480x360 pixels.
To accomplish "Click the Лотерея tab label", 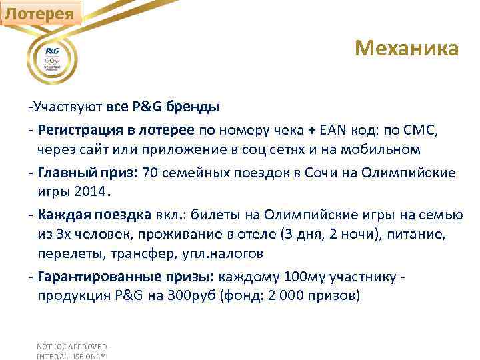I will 41,13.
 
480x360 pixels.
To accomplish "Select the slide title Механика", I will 407,48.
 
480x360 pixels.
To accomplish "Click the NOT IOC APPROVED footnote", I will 75,351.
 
